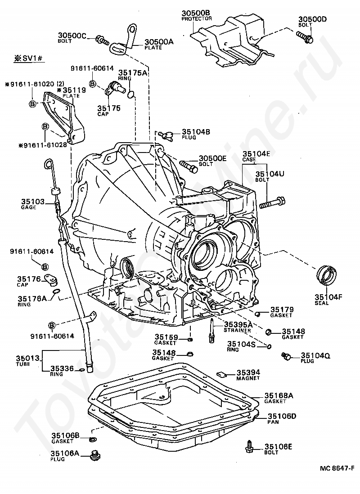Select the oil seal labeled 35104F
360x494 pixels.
click(327, 275)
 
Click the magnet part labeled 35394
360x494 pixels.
click(221, 373)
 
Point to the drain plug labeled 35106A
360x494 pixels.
click(95, 455)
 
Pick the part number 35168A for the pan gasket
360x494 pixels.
click(279, 395)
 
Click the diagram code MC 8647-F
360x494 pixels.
click(337, 468)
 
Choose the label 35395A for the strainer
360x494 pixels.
click(238, 324)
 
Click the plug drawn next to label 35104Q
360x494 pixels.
click(285, 357)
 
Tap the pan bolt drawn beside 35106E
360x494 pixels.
click(249, 446)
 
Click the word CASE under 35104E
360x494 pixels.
click(249, 159)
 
